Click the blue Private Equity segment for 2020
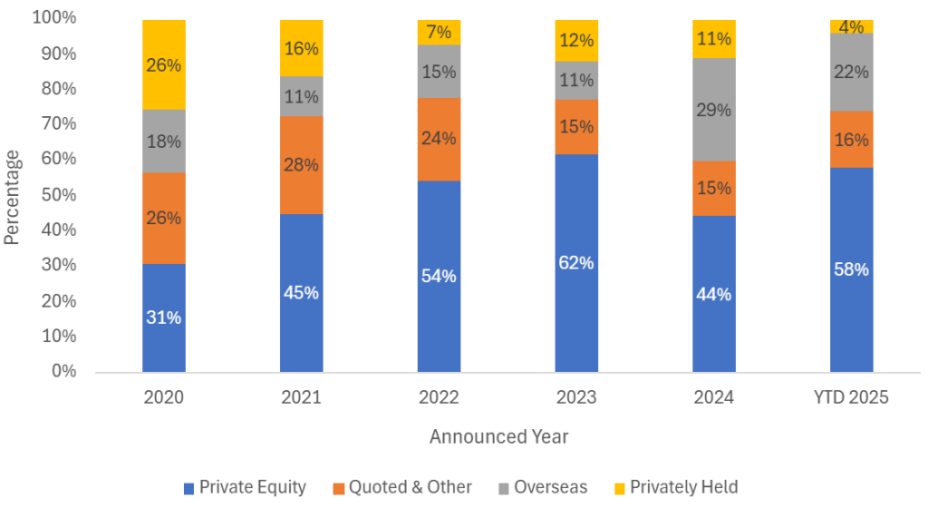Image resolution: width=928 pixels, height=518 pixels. click(163, 318)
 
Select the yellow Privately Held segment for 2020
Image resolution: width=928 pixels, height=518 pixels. click(163, 65)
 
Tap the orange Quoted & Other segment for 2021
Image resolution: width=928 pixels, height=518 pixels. click(301, 165)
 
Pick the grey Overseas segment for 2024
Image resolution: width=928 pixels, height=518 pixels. click(714, 110)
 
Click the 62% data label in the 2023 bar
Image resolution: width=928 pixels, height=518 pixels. click(576, 263)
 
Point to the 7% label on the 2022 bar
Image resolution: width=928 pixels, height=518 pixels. click(439, 33)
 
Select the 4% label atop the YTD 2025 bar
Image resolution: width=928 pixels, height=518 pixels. click(852, 27)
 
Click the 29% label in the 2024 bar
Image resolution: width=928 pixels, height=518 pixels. click(714, 110)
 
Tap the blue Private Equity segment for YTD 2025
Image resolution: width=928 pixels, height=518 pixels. click(852, 269)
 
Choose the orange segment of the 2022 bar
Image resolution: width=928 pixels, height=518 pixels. click(439, 139)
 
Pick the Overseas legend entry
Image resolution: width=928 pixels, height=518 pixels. click(541, 487)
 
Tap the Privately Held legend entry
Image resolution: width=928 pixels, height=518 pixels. click(674, 487)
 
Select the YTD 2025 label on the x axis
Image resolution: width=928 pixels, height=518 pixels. click(852, 398)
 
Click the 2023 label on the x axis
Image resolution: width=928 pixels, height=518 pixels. click(576, 398)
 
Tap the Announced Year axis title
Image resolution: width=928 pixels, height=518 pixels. click(498, 436)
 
